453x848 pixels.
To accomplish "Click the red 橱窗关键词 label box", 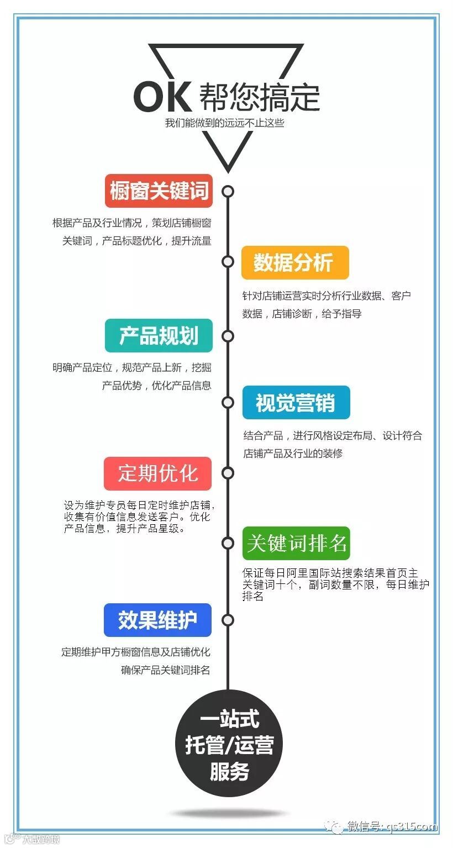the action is [x=159, y=191].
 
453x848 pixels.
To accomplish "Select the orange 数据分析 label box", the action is [x=295, y=262].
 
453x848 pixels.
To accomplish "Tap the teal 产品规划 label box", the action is [x=159, y=335].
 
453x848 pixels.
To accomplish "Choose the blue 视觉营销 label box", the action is [x=296, y=402].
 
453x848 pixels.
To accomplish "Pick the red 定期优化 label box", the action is [x=158, y=473].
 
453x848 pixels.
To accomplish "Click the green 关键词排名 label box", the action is [x=296, y=544].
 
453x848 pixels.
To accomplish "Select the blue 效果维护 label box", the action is [x=158, y=620].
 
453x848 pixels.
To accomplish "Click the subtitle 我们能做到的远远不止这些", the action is [x=224, y=123].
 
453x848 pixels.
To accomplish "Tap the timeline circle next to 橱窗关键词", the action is [x=228, y=192].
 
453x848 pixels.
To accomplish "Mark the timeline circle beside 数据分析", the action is [x=228, y=261].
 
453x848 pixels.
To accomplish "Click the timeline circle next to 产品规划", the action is [x=228, y=336].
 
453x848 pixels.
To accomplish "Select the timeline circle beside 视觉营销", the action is [x=228, y=402].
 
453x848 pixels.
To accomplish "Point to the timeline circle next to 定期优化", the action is [x=228, y=473].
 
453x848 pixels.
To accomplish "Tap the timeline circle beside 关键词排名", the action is [x=228, y=544].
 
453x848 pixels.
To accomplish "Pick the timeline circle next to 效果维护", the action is [x=228, y=620].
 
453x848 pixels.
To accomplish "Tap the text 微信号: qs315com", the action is [x=392, y=827].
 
